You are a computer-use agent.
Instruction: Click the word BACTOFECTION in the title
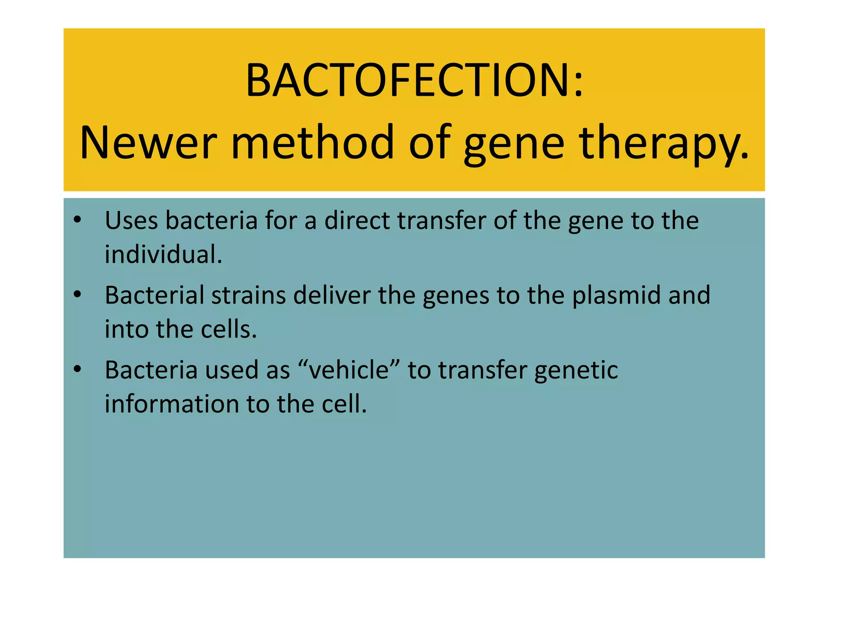(x=405, y=80)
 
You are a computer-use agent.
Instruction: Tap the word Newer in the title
(x=148, y=143)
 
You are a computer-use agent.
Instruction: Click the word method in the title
(x=312, y=143)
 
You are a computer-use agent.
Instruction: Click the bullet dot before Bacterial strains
(x=77, y=295)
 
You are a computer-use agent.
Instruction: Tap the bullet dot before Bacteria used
(x=77, y=369)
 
